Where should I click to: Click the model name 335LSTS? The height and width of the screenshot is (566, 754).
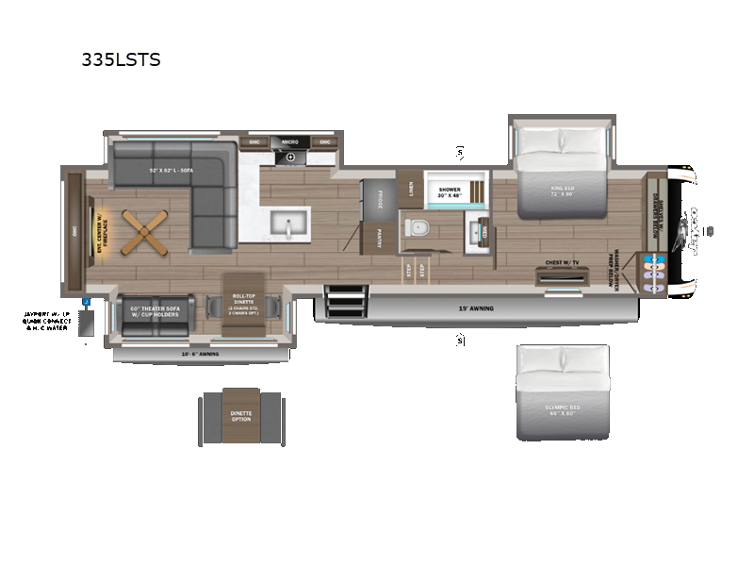tap(121, 60)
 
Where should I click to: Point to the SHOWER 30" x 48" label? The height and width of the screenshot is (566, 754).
tap(450, 193)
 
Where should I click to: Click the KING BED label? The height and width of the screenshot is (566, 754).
tap(563, 192)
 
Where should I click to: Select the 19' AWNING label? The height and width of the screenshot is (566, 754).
tap(475, 308)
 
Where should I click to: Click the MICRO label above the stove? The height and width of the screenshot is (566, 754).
tap(290, 142)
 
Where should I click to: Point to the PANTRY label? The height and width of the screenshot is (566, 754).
tap(379, 237)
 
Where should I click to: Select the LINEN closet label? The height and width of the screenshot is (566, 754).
tap(410, 188)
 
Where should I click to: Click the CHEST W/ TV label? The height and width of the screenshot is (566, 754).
tap(561, 263)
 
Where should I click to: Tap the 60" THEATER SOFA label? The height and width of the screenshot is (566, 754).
tap(156, 312)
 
